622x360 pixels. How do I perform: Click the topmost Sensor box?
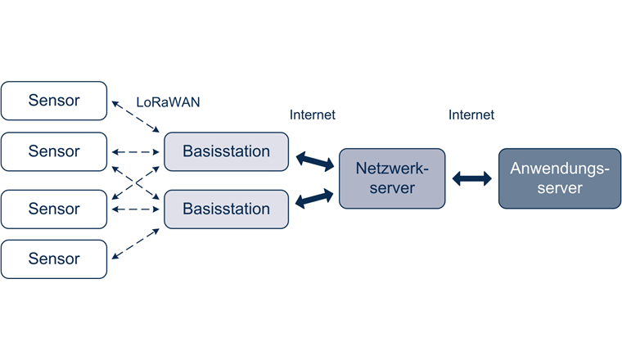54,101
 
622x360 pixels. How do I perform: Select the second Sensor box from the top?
54,151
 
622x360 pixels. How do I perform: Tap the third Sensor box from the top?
54,209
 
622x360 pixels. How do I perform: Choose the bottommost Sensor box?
54,259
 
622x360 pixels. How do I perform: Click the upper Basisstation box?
227,151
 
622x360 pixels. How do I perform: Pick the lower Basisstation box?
227,209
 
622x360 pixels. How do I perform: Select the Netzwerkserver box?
392,178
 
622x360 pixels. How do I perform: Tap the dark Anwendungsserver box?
560,178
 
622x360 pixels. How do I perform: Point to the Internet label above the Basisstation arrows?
313,115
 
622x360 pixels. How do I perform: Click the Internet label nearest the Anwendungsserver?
471,115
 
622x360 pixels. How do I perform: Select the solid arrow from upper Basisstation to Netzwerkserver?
314,160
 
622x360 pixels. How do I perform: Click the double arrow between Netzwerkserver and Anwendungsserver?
471,178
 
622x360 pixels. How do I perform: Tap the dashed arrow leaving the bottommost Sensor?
136,245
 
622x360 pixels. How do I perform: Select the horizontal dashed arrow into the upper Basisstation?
136,152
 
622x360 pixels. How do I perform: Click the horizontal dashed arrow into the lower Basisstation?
136,209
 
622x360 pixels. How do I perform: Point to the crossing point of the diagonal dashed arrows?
136,181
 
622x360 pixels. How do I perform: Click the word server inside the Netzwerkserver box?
392,188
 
